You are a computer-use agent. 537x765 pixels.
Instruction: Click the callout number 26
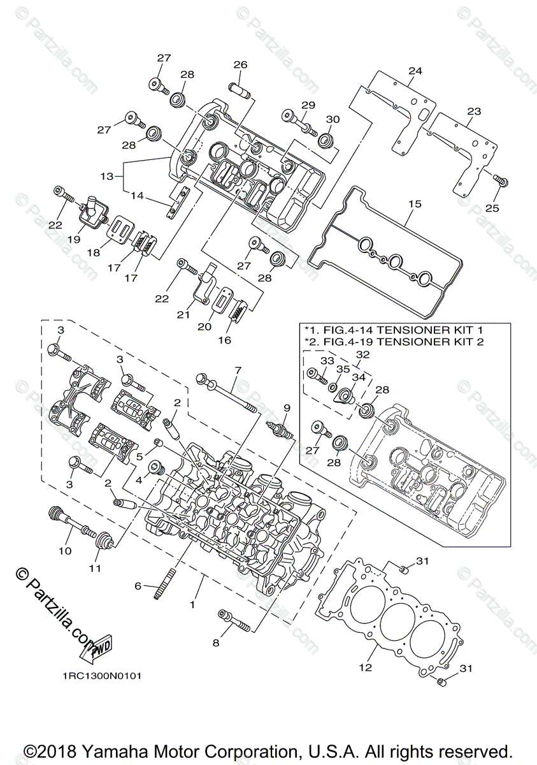pos(240,65)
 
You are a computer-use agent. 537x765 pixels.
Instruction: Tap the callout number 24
pos(415,71)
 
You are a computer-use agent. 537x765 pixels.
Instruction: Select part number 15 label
pos(415,205)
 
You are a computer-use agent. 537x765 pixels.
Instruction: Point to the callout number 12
pos(364,667)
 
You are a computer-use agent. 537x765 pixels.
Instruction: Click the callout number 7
pos(238,370)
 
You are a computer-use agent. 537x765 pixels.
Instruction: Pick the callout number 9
pos(287,408)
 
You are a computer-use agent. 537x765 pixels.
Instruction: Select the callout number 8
pos(216,643)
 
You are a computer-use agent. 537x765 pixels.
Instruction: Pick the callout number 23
pos(473,111)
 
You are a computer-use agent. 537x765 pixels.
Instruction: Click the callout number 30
pos(333,119)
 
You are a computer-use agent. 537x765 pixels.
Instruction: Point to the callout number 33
pos(326,360)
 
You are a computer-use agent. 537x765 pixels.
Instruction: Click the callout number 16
pos(224,340)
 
